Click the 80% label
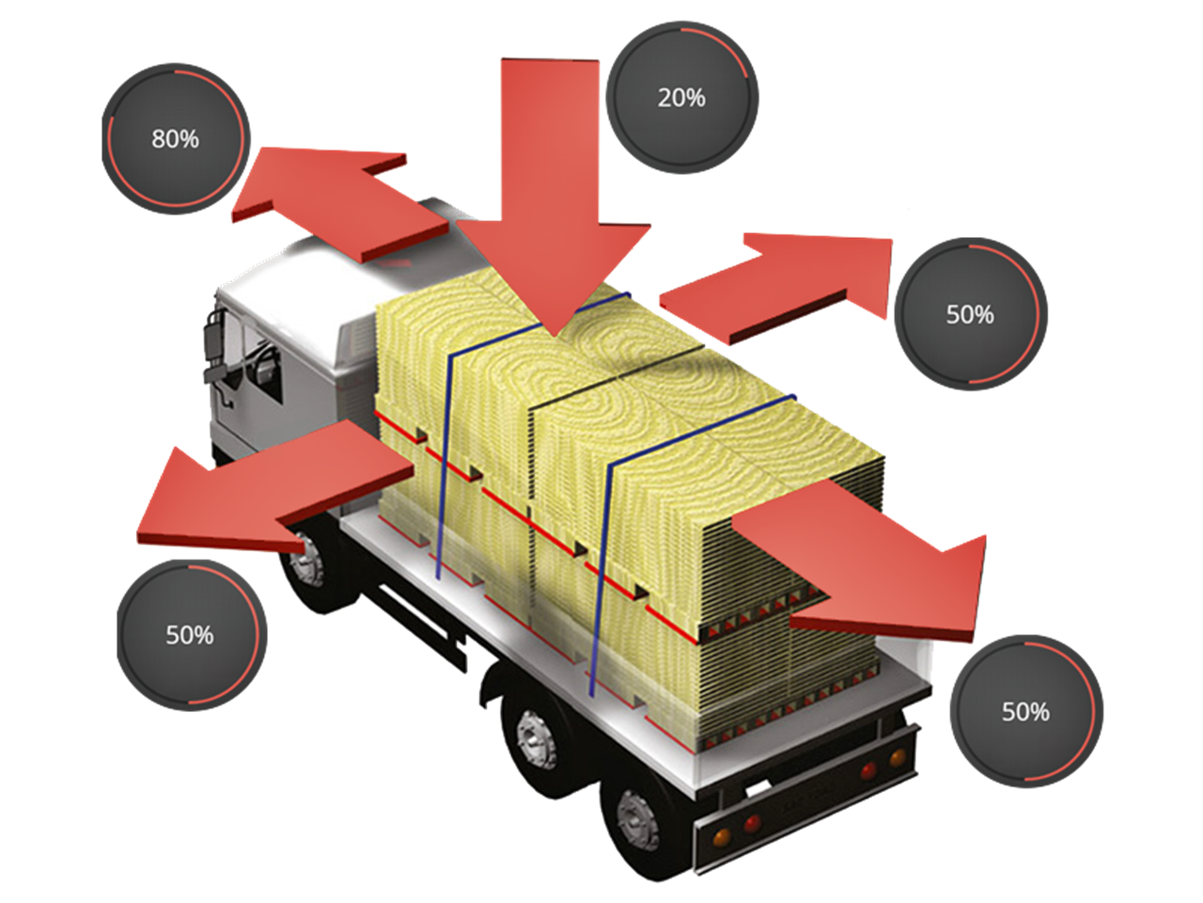tap(176, 139)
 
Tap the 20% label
tap(681, 97)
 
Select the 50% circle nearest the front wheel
tap(191, 635)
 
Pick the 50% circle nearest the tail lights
tap(1025, 712)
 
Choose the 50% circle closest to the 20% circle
tap(970, 314)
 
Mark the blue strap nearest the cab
tap(445, 451)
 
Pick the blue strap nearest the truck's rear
tap(601, 564)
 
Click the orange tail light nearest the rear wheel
tap(723, 837)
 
